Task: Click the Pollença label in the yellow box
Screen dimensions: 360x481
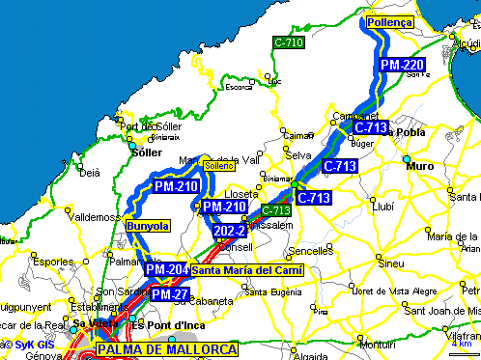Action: [390, 21]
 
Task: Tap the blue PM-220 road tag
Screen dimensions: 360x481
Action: [401, 65]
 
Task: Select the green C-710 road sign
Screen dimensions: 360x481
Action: [287, 43]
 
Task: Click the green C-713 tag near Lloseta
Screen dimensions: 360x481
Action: [277, 210]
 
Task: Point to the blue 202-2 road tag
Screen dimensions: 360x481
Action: [230, 232]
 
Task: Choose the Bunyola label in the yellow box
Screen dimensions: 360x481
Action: [148, 226]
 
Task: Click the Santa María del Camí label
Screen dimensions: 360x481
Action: [246, 270]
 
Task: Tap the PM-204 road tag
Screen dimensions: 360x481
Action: [166, 269]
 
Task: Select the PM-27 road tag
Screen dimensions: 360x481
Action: [169, 294]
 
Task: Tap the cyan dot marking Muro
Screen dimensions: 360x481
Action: [407, 158]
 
